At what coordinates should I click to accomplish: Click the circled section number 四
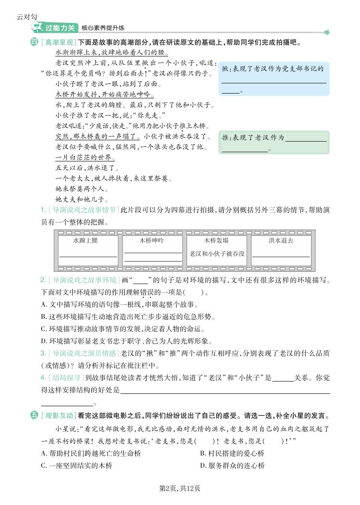tap(34, 42)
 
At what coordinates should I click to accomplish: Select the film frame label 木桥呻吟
tap(152, 240)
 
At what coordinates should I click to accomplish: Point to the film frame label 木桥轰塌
tap(216, 241)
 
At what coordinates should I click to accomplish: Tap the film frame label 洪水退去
tap(281, 241)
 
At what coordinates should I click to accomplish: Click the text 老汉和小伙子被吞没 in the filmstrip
tap(217, 254)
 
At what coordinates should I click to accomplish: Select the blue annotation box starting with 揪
tap(274, 79)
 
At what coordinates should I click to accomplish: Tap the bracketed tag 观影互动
tap(58, 415)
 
